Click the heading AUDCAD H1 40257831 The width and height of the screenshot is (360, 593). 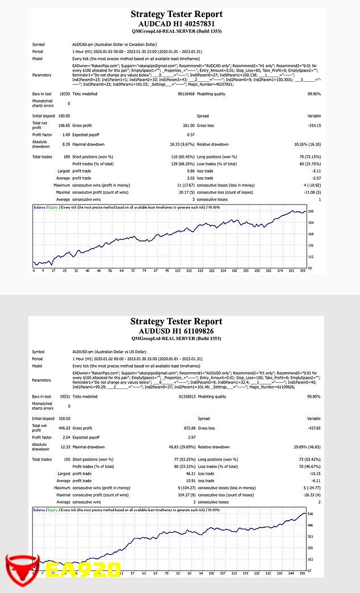click(x=177, y=24)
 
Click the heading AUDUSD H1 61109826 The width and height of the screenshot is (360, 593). click(x=177, y=331)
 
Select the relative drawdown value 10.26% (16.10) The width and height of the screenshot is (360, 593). click(x=306, y=145)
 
